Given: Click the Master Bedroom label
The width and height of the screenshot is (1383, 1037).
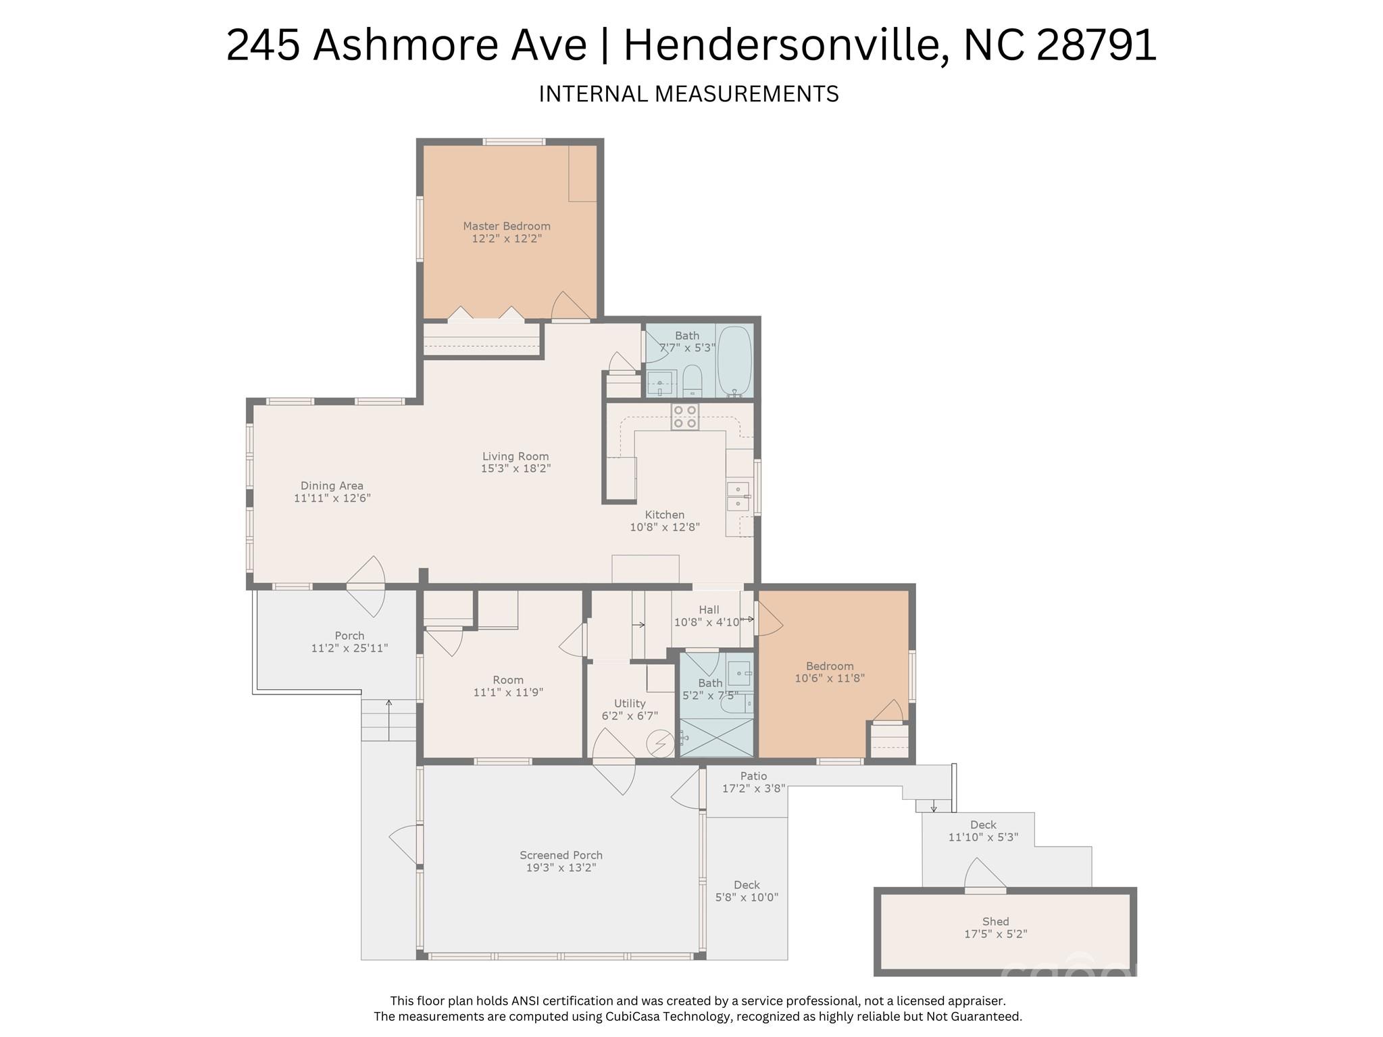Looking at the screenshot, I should coord(506,226).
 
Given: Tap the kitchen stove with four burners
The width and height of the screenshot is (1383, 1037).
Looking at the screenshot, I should coord(684,417).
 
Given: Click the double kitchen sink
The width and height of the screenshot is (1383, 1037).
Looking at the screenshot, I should coord(738,497).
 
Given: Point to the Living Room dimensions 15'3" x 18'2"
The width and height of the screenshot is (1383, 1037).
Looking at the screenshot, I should coord(516,468).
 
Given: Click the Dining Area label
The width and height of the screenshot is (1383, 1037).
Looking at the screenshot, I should coord(332,486).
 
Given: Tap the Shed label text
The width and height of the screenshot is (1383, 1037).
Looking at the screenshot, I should coord(995,921).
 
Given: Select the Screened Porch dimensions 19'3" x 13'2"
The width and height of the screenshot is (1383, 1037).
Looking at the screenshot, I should coord(561,868).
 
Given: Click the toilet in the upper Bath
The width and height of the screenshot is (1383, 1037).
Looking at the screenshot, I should coord(693,382).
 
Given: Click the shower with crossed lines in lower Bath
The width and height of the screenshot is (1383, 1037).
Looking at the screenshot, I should coord(716,738).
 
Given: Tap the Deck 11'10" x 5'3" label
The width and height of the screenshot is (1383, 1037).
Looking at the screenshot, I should coord(983,831).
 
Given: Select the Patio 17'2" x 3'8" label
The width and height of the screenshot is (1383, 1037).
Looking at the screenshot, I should coord(753,782).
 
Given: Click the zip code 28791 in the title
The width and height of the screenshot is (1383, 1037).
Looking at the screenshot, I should coord(1095,45).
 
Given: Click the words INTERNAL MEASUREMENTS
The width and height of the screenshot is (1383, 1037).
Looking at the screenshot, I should coord(688,94).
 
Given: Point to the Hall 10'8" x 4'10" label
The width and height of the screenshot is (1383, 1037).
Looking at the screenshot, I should coord(709,616).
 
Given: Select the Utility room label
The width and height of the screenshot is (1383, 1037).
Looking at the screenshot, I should coord(629,703).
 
